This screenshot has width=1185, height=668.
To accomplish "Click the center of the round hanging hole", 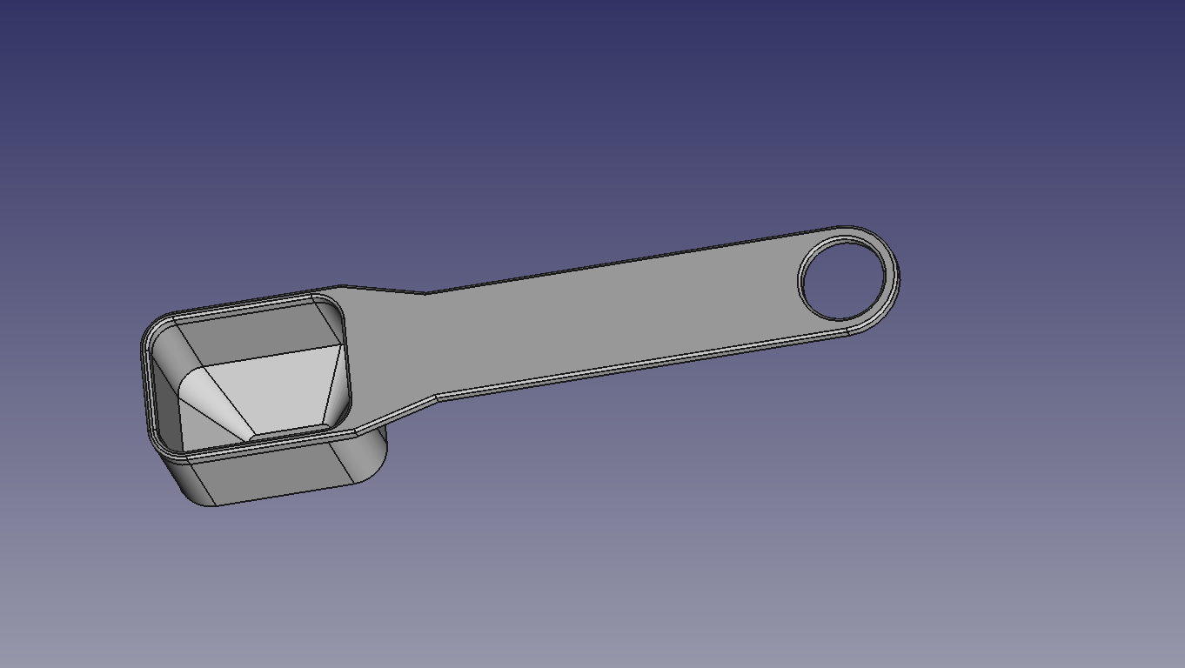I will (x=842, y=280).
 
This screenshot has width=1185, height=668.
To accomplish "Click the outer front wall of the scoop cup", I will (x=278, y=474).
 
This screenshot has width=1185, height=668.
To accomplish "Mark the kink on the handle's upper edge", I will (x=425, y=293).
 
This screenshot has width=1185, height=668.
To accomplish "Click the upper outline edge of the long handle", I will (x=609, y=262).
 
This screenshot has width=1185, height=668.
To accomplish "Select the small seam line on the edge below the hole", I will (x=847, y=330).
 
